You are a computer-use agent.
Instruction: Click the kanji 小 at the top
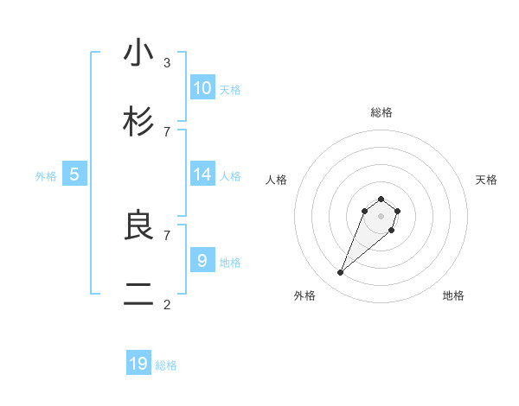click(138, 54)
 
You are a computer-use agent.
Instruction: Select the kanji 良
click(138, 225)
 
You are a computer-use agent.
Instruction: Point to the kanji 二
click(138, 295)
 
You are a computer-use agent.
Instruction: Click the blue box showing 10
click(202, 87)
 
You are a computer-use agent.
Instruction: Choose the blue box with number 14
click(202, 174)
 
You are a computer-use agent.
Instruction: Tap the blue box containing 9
click(202, 260)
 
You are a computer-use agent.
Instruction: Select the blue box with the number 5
click(74, 174)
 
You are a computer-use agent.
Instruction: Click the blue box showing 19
click(138, 364)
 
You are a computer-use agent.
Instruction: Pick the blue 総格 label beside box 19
click(166, 365)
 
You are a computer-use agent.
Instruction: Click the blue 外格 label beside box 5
click(46, 176)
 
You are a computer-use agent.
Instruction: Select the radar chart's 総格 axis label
click(381, 112)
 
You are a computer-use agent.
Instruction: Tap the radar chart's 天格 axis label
click(486, 180)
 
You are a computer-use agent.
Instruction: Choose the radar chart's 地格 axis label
click(453, 295)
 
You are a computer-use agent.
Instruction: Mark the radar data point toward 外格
click(341, 273)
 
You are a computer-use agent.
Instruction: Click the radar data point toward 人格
click(365, 211)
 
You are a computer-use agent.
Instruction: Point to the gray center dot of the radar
click(381, 216)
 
